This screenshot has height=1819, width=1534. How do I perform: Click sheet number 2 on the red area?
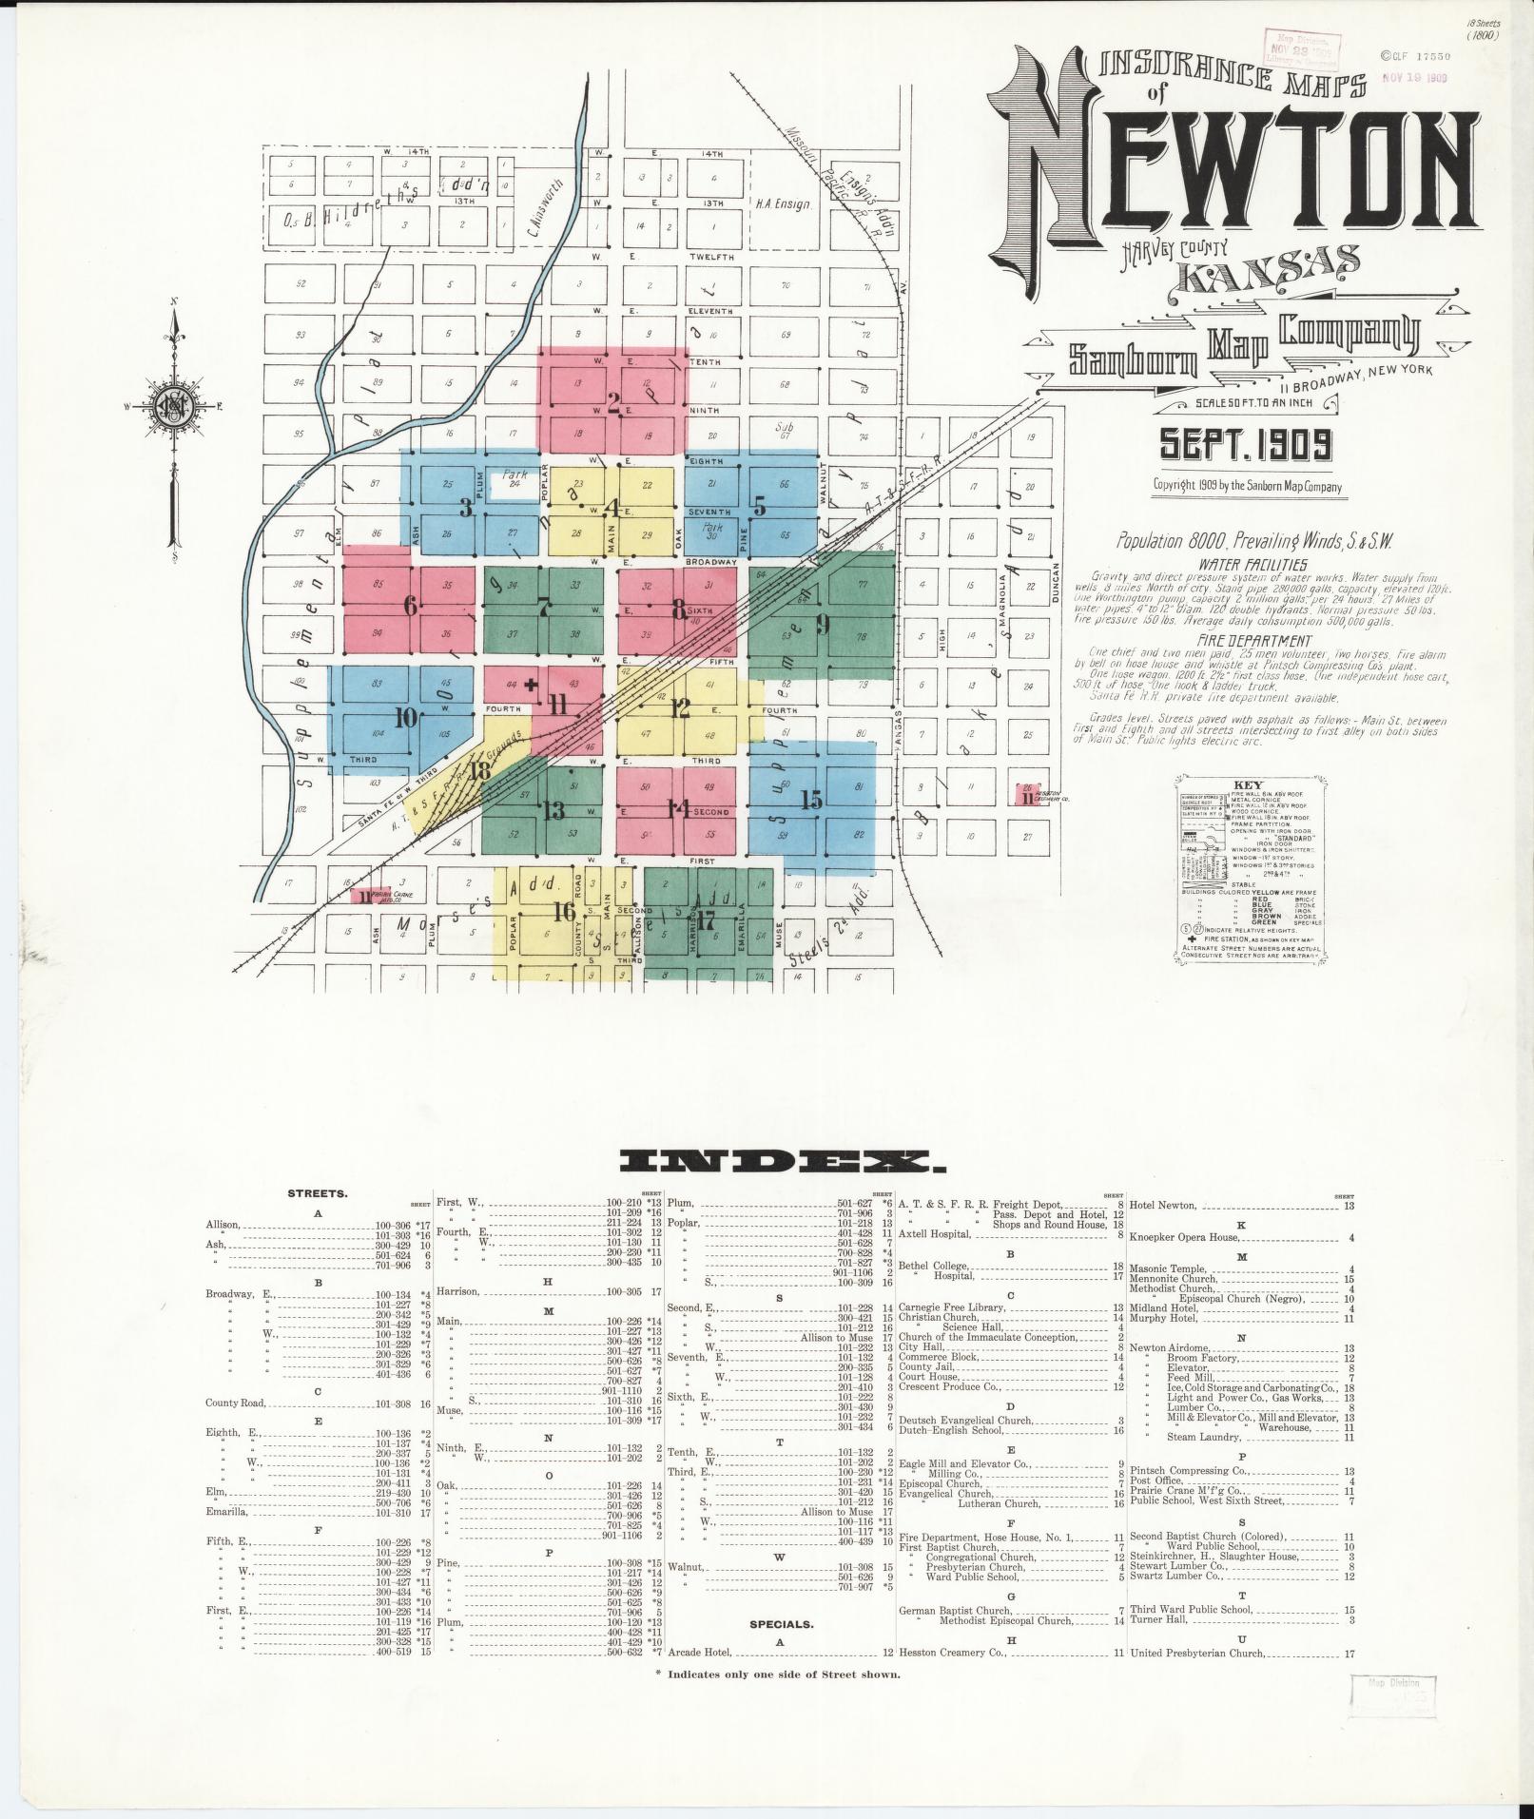(x=613, y=410)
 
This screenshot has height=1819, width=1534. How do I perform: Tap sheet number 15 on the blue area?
(x=811, y=799)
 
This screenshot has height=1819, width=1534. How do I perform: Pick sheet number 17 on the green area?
(x=705, y=920)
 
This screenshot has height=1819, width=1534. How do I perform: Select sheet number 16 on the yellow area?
(x=565, y=911)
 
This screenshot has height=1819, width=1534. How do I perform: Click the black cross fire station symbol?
(x=531, y=684)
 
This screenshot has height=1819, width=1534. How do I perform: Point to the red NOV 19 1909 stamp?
(x=1414, y=78)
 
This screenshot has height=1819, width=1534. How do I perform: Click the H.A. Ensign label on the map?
(x=783, y=203)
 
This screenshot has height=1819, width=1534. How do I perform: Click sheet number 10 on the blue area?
(x=406, y=718)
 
